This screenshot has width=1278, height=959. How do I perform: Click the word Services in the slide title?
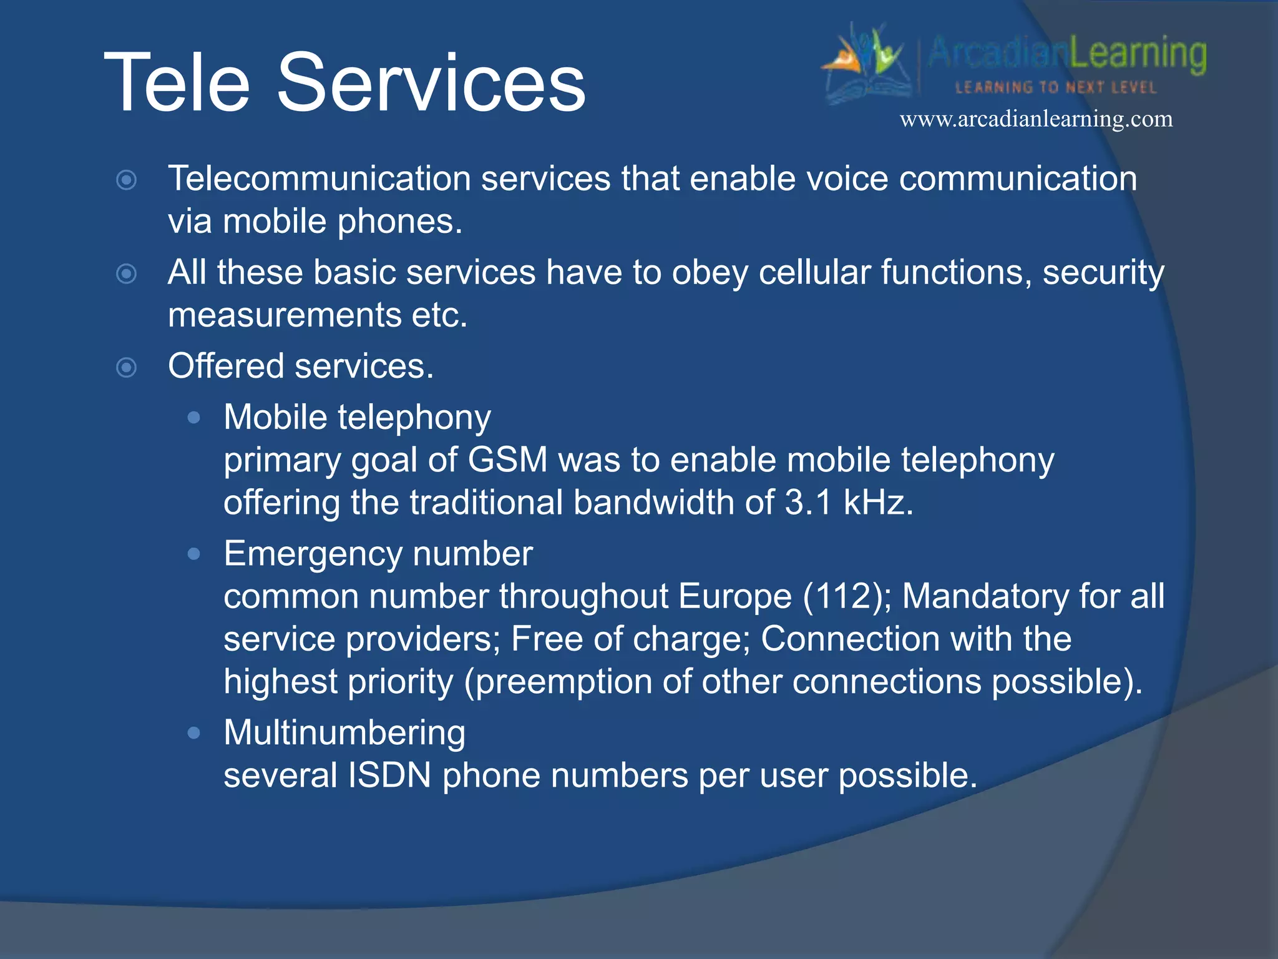(431, 84)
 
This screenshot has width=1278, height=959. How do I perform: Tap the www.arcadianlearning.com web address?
(1036, 119)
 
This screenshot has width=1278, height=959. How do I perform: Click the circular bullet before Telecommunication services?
(127, 180)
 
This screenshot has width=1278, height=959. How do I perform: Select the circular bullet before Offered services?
(127, 368)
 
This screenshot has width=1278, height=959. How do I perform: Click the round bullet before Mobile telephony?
(194, 418)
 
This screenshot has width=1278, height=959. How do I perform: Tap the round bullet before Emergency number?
(194, 554)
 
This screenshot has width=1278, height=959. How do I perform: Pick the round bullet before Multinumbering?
(194, 733)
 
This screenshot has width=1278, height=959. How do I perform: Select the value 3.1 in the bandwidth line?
(808, 503)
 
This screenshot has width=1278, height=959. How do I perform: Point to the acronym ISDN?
(389, 775)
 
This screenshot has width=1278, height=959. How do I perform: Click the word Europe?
(734, 597)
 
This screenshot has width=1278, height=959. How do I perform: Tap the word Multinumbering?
(344, 733)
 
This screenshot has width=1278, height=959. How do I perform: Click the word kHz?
(878, 503)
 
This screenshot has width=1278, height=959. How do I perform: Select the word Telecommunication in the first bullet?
(319, 179)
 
